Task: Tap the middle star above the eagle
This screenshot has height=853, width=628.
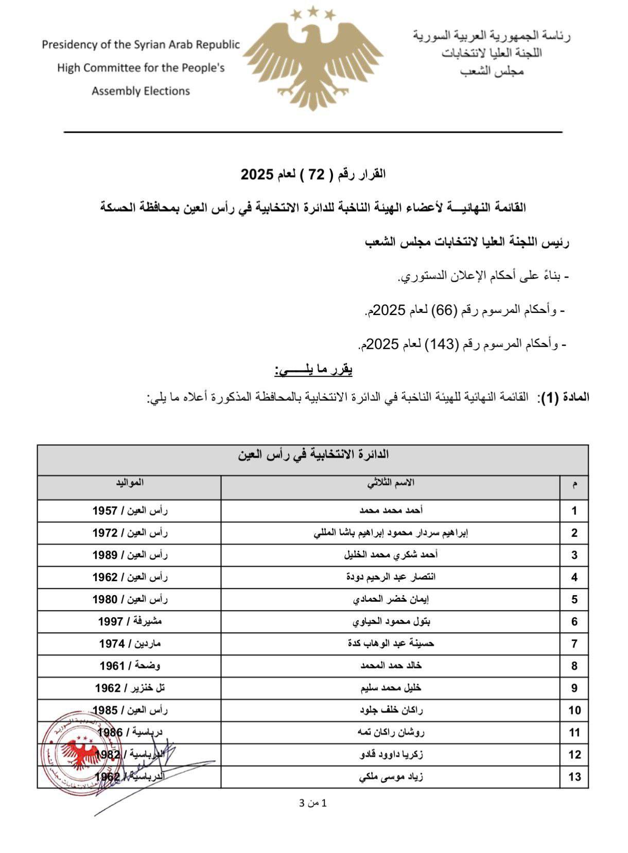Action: [x=312, y=10]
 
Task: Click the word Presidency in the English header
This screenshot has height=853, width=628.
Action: [x=69, y=45]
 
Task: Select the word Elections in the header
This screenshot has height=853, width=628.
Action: [x=167, y=91]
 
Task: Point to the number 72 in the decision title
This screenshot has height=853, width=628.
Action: [x=320, y=175]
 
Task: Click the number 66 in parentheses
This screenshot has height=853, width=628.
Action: [x=444, y=310]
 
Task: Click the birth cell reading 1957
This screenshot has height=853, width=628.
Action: [x=130, y=511]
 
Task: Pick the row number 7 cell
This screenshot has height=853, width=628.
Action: [x=574, y=643]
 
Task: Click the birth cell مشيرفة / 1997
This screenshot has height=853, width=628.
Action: [x=130, y=621]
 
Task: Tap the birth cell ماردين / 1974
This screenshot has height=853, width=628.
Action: [x=130, y=643]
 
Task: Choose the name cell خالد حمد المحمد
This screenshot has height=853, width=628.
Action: [x=391, y=666]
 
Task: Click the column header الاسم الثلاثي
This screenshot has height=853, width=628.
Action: [x=391, y=483]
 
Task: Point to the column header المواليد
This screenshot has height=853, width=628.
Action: [x=129, y=483]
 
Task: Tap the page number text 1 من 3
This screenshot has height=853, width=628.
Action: [x=313, y=803]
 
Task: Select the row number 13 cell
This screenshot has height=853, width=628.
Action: [x=574, y=776]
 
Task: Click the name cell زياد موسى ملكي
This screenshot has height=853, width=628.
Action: [x=391, y=776]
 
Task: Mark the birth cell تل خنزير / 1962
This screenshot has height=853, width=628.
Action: [x=130, y=688]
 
